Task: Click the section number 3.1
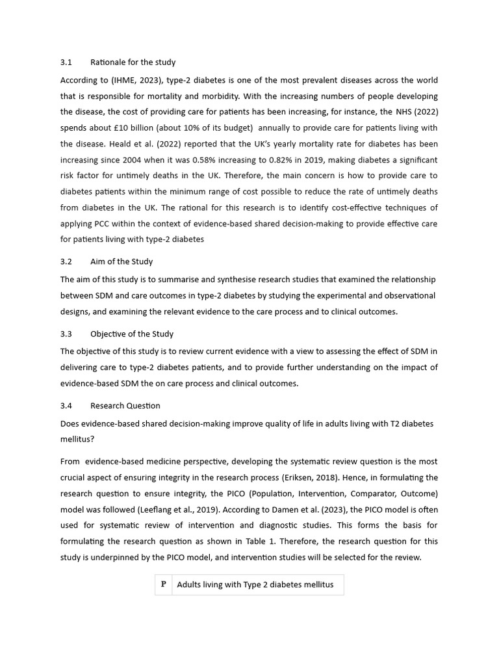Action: click(x=66, y=62)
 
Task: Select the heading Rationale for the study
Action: click(x=133, y=62)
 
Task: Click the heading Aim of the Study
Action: click(x=122, y=261)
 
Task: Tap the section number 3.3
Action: click(x=66, y=334)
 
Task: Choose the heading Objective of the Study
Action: click(x=132, y=334)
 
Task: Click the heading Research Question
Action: click(x=125, y=406)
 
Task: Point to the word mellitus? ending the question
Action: click(x=77, y=439)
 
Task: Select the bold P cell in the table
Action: click(x=163, y=584)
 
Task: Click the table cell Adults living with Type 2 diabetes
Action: click(x=255, y=585)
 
